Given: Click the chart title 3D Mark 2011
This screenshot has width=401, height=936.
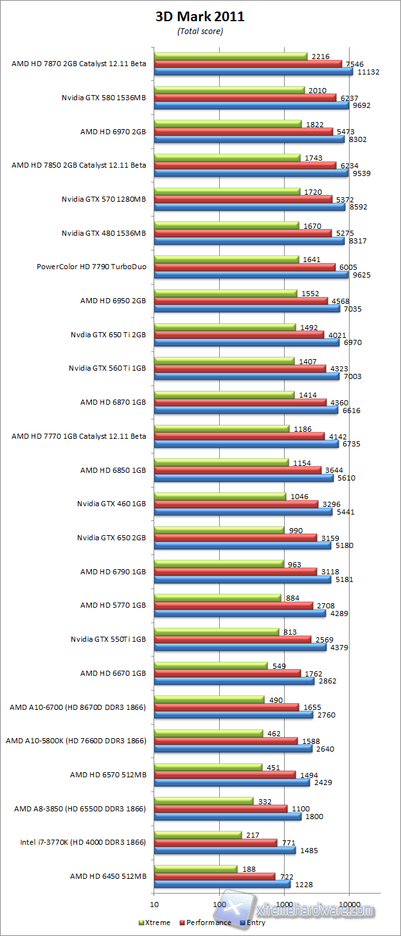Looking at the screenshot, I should click(x=200, y=17).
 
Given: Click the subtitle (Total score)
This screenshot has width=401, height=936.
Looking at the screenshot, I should click(x=200, y=31).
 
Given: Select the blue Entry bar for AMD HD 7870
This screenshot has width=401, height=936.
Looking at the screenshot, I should click(x=253, y=72).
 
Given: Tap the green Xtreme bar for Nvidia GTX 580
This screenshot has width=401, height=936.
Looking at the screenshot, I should click(x=229, y=91).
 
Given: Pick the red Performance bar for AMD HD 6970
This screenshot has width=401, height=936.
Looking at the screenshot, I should click(x=244, y=131).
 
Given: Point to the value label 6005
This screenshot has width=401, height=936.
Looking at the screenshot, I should click(x=348, y=267).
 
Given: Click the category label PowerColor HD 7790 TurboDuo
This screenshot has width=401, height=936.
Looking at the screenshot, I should click(x=91, y=267).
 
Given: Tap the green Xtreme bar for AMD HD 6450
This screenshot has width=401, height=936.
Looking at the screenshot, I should click(x=195, y=869).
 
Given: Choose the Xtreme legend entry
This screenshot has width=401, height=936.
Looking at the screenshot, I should click(x=155, y=923).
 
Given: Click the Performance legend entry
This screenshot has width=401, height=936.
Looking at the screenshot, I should click(x=206, y=923).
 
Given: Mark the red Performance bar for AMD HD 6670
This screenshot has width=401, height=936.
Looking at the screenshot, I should click(x=227, y=673).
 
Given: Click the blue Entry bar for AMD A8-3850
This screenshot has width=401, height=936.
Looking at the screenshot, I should click(x=227, y=817).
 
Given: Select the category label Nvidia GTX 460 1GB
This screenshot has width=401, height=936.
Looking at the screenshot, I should click(x=111, y=504).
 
